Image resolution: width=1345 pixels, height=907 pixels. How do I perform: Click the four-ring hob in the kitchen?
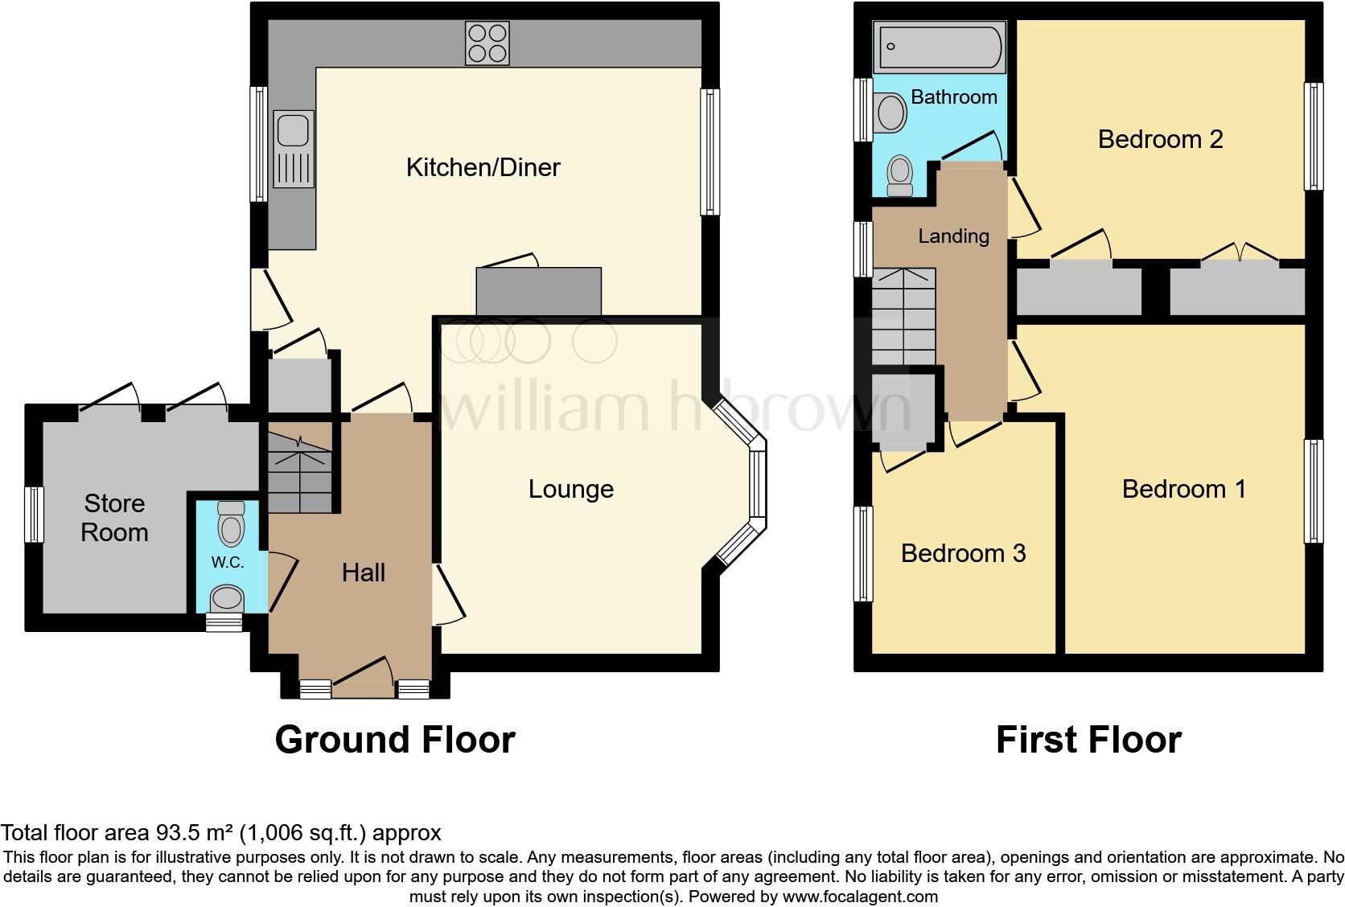pyautogui.click(x=487, y=43)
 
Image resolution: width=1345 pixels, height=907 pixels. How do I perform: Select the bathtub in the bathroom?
pyautogui.click(x=940, y=47)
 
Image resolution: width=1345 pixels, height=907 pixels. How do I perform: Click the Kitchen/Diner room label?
pyautogui.click(x=483, y=167)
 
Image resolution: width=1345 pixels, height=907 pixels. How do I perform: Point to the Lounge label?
pyautogui.click(x=570, y=489)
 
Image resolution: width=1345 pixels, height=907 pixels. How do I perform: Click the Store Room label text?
pyautogui.click(x=114, y=518)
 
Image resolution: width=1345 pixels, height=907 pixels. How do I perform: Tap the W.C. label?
pyautogui.click(x=228, y=562)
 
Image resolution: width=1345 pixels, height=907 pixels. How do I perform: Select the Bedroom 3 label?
pyautogui.click(x=963, y=553)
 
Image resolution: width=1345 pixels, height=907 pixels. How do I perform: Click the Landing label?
pyautogui.click(x=953, y=236)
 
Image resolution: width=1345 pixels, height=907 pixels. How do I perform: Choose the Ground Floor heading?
pyautogui.click(x=394, y=740)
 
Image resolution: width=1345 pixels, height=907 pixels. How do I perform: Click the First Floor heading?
pyautogui.click(x=1088, y=740)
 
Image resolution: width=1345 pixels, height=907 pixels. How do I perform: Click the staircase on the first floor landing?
pyautogui.click(x=903, y=317)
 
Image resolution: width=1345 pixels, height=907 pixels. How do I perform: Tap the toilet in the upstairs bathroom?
pyautogui.click(x=899, y=175)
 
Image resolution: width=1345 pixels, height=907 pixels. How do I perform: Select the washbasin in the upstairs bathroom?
pyautogui.click(x=891, y=113)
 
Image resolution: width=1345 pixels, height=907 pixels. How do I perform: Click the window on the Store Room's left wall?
pyautogui.click(x=34, y=515)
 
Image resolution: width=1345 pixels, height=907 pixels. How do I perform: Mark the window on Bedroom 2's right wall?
pyautogui.click(x=1313, y=137)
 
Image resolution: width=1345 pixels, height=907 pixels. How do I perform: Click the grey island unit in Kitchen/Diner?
pyautogui.click(x=538, y=291)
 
